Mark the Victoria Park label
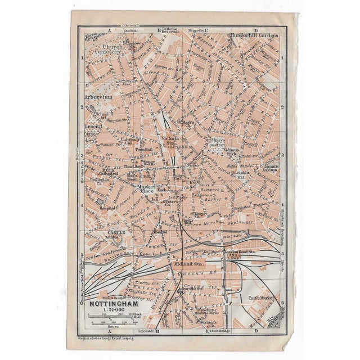(x=233, y=151)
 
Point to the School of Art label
(x=104, y=115)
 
